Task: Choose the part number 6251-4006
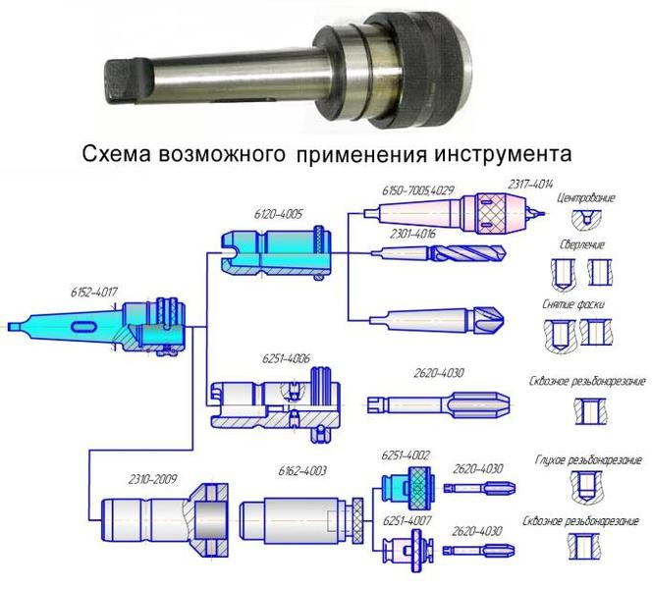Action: tap(286, 360)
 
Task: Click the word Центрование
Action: tap(585, 198)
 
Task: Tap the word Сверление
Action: tap(582, 244)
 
